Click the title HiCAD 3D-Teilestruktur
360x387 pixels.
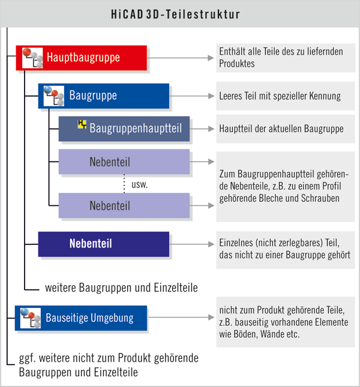click(180, 13)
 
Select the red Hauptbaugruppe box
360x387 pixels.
click(81, 58)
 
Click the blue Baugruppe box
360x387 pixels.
click(103, 96)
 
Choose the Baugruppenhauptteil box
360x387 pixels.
click(124, 128)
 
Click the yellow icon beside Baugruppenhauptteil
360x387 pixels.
click(82, 124)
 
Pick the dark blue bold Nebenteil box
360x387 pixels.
click(103, 244)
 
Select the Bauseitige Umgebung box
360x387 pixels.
click(81, 318)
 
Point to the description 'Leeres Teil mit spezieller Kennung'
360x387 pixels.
click(280, 96)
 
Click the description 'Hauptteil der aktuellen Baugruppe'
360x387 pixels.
click(281, 129)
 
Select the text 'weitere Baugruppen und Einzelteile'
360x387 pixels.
click(121, 287)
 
